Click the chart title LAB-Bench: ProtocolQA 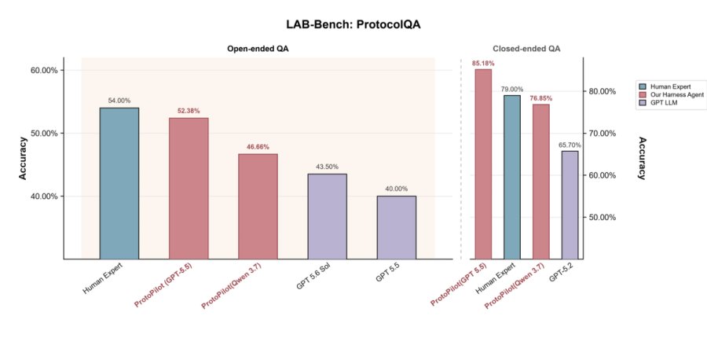click(353, 24)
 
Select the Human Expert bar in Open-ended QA click(119, 183)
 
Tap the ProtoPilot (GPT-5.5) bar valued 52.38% click(189, 189)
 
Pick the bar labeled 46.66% click(258, 207)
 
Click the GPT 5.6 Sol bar click(328, 216)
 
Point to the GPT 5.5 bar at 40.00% click(397, 227)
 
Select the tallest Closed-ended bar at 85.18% click(483, 164)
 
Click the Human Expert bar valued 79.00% click(512, 178)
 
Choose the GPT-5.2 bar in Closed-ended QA click(570, 205)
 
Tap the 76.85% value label click(540, 98)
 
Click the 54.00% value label click(119, 101)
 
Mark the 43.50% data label click(328, 167)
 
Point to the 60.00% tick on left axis click(44, 71)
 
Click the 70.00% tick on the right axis click(602, 133)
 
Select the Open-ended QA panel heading click(258, 49)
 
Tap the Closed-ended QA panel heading click(526, 49)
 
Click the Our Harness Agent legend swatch click(643, 95)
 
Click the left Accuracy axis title click(23, 158)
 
